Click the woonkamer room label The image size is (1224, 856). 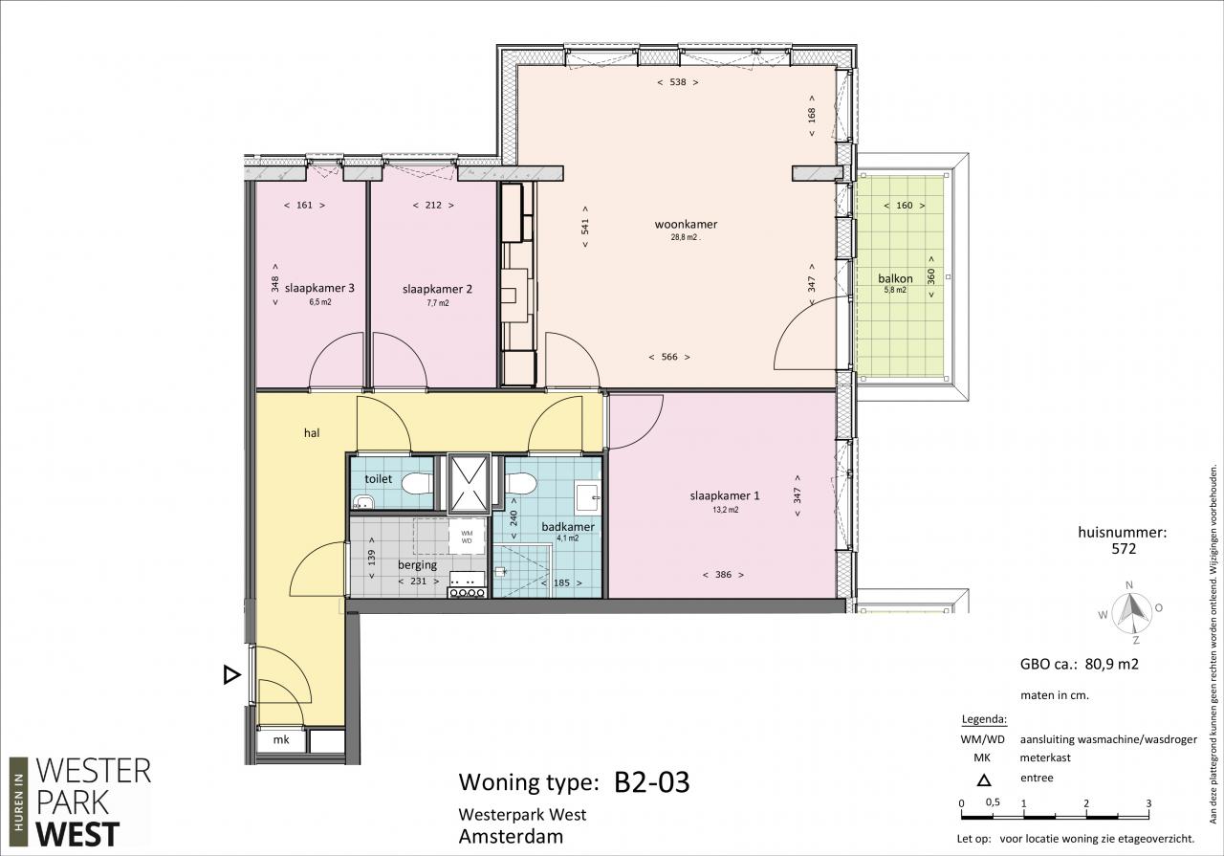click(x=686, y=224)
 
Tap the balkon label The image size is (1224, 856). click(x=895, y=278)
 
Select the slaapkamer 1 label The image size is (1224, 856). click(x=725, y=495)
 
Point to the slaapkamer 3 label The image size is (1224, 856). click(x=319, y=288)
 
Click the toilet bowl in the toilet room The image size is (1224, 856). click(x=417, y=484)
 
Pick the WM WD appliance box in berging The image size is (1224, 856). click(x=467, y=537)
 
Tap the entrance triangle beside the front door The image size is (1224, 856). click(x=231, y=675)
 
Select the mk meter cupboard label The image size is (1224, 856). click(x=281, y=739)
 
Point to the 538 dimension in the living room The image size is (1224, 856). click(x=678, y=82)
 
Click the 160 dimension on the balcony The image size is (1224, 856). click(x=905, y=206)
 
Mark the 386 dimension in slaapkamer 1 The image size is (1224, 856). click(x=723, y=575)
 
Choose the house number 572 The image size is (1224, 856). click(x=1124, y=549)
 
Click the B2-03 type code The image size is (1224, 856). click(x=652, y=782)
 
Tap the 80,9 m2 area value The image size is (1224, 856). click(x=1111, y=664)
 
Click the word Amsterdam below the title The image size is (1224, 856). click(x=511, y=836)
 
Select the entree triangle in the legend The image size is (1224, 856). click(x=984, y=780)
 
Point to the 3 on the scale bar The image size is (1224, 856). click(x=1148, y=803)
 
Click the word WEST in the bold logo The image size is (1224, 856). click(x=77, y=835)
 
